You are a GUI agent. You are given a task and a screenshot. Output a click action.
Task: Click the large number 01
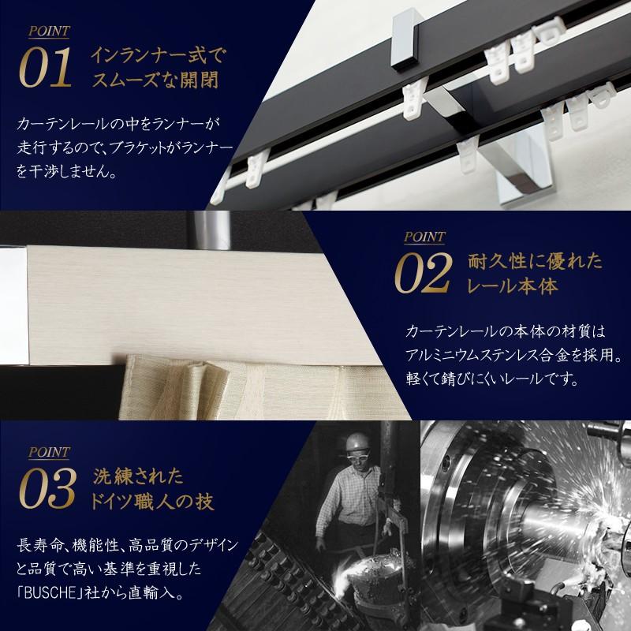48,69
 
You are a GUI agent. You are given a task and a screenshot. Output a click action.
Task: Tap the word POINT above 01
49,32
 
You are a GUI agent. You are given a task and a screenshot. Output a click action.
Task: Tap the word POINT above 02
424,236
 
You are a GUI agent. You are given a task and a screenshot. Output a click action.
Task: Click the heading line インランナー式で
158,56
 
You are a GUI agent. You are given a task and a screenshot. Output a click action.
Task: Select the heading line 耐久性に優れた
524,260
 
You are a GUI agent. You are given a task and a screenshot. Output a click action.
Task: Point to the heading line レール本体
512,285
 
